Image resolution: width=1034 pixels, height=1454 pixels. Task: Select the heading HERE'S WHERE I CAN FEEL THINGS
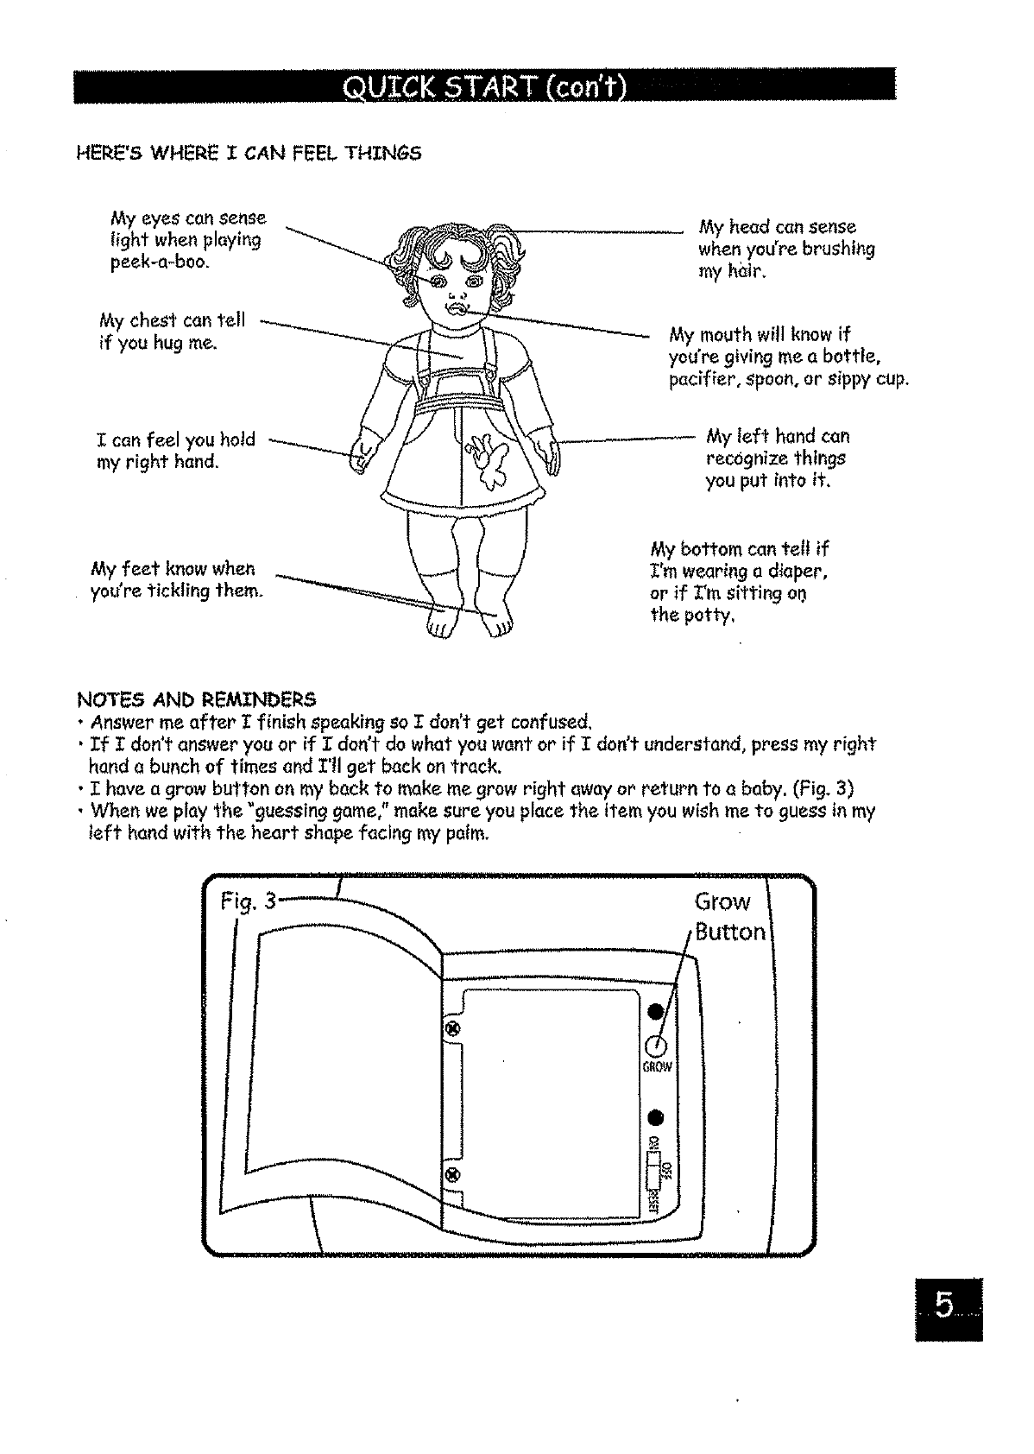249,154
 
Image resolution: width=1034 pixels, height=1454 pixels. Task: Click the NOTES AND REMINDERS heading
197,699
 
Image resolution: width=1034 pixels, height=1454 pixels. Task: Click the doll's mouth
456,308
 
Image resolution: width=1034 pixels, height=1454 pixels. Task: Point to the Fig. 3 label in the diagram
247,902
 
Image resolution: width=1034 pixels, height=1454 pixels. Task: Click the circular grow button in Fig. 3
657,1046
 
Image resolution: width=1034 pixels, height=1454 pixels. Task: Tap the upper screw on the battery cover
450,1028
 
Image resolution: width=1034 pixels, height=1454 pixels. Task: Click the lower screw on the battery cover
450,1174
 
